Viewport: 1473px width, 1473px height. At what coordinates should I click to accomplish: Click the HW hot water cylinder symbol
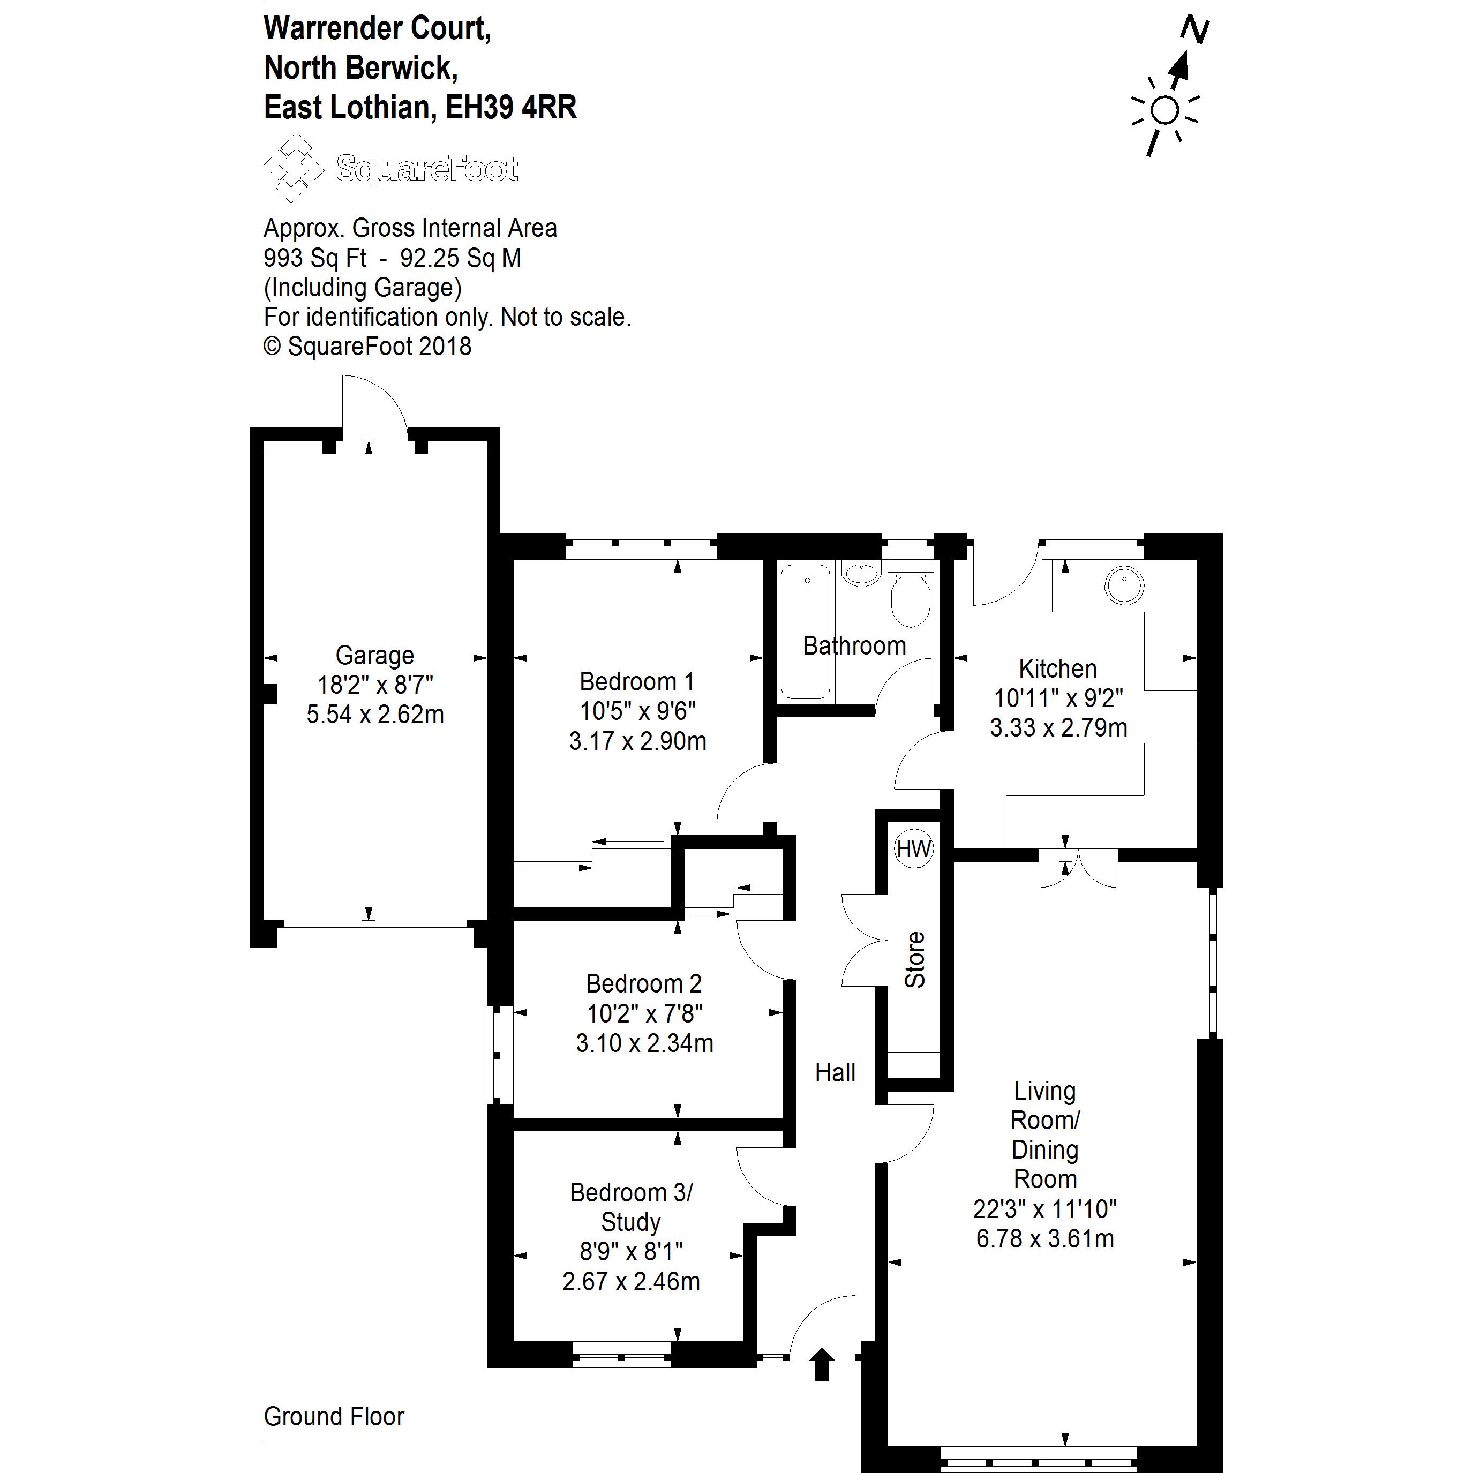pos(913,848)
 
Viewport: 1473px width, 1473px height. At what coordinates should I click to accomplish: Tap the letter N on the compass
pos(1194,31)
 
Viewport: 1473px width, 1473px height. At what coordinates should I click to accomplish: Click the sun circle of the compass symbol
pos(1164,110)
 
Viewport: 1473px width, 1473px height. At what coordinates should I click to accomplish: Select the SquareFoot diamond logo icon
pos(293,167)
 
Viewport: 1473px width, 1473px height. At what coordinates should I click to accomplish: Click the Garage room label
pos(374,655)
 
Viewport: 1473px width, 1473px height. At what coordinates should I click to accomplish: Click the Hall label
pos(835,1073)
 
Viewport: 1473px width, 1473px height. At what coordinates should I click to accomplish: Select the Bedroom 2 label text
pos(643,983)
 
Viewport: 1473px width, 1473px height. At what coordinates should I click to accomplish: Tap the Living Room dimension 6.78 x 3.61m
pos(1044,1238)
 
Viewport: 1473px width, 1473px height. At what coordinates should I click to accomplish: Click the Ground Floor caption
pos(333,1417)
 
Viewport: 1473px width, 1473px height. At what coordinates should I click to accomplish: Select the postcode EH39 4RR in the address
pos(511,108)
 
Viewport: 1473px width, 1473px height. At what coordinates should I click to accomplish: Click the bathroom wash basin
pos(862,573)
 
